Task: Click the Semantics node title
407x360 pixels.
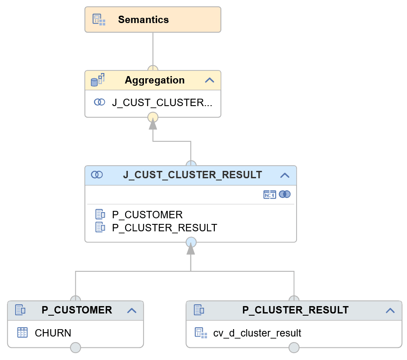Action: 143,20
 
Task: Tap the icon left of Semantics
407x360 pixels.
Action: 99,20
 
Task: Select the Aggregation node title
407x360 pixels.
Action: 154,80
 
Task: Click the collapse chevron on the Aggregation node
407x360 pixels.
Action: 210,80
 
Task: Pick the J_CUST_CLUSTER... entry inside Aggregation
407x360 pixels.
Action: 162,103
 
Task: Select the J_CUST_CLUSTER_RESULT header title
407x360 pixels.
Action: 192,175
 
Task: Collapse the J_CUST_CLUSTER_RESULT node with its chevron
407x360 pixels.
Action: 285,175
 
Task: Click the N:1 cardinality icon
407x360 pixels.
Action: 270,194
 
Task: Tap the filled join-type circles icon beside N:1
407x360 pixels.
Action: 285,194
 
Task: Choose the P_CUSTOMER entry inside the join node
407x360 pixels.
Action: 147,215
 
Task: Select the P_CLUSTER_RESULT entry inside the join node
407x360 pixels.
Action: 164,228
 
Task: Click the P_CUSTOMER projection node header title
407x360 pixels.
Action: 77,310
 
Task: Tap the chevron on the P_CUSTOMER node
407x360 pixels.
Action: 132,310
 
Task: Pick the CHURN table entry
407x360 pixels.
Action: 53,333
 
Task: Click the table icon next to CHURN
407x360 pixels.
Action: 22,333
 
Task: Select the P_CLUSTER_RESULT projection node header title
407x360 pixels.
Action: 295,310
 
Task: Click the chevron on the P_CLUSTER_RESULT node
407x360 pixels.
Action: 390,310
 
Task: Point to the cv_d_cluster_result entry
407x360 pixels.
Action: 257,333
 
